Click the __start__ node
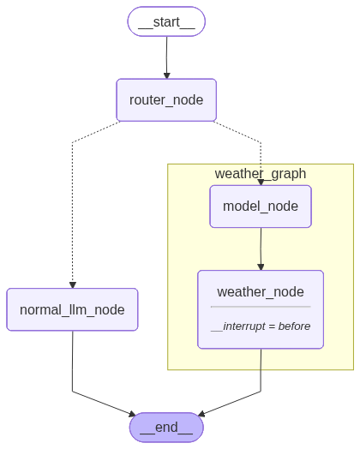[166, 21]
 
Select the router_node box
[166, 100]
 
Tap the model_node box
[261, 207]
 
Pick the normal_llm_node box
[73, 309]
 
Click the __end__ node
[166, 428]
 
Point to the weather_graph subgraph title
[261, 174]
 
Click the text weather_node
[261, 292]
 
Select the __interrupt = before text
[261, 326]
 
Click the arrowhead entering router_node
[167, 75]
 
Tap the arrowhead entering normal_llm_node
[73, 285]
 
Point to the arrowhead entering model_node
[261, 183]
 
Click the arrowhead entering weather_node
[261, 266]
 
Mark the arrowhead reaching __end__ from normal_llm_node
[132, 414]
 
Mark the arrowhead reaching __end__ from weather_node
[201, 414]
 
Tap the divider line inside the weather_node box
[261, 307]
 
